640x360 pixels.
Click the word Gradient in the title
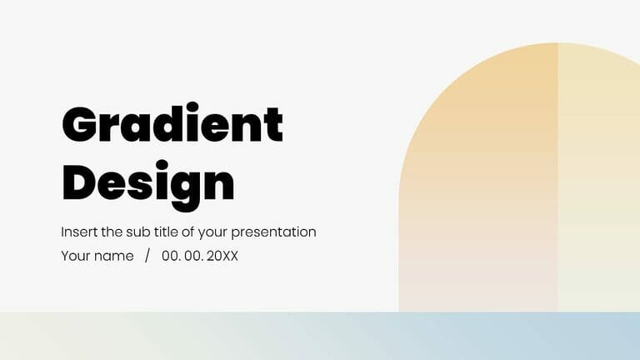tap(172, 125)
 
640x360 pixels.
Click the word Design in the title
tap(148, 182)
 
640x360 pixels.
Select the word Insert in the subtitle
tap(77, 232)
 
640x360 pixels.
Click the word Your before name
tap(75, 256)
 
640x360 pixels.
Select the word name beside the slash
tap(114, 257)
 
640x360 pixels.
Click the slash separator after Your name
tap(147, 256)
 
